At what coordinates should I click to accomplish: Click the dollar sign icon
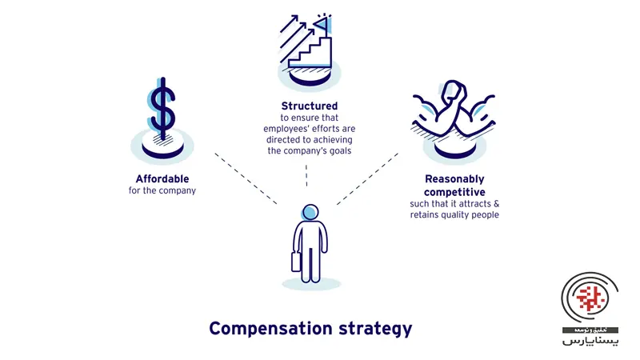pyautogui.click(x=162, y=108)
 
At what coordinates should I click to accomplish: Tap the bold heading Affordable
pyautogui.click(x=162, y=178)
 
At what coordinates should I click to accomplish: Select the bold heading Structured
pyautogui.click(x=309, y=106)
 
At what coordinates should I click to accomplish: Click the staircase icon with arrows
pyautogui.click(x=307, y=48)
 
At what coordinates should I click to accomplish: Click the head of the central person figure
pyautogui.click(x=310, y=212)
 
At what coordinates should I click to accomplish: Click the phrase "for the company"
pyautogui.click(x=162, y=190)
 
